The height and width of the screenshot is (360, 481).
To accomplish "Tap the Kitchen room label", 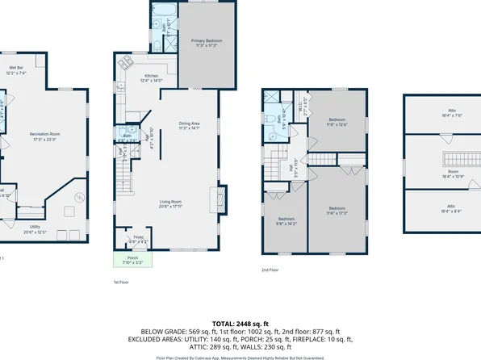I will pos(129,78).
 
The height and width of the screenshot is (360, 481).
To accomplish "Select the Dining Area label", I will pos(189,125).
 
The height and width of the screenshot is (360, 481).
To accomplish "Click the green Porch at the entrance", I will pos(127,260).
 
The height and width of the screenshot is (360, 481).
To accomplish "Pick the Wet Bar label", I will pos(17,70).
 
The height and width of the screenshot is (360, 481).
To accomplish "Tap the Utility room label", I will pos(36,229).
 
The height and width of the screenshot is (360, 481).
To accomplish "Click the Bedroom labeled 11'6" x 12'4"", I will pos(336,123).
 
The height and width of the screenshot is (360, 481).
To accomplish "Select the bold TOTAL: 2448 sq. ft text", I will pos(240,322).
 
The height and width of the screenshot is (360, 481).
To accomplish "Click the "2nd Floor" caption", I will pos(270,270).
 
